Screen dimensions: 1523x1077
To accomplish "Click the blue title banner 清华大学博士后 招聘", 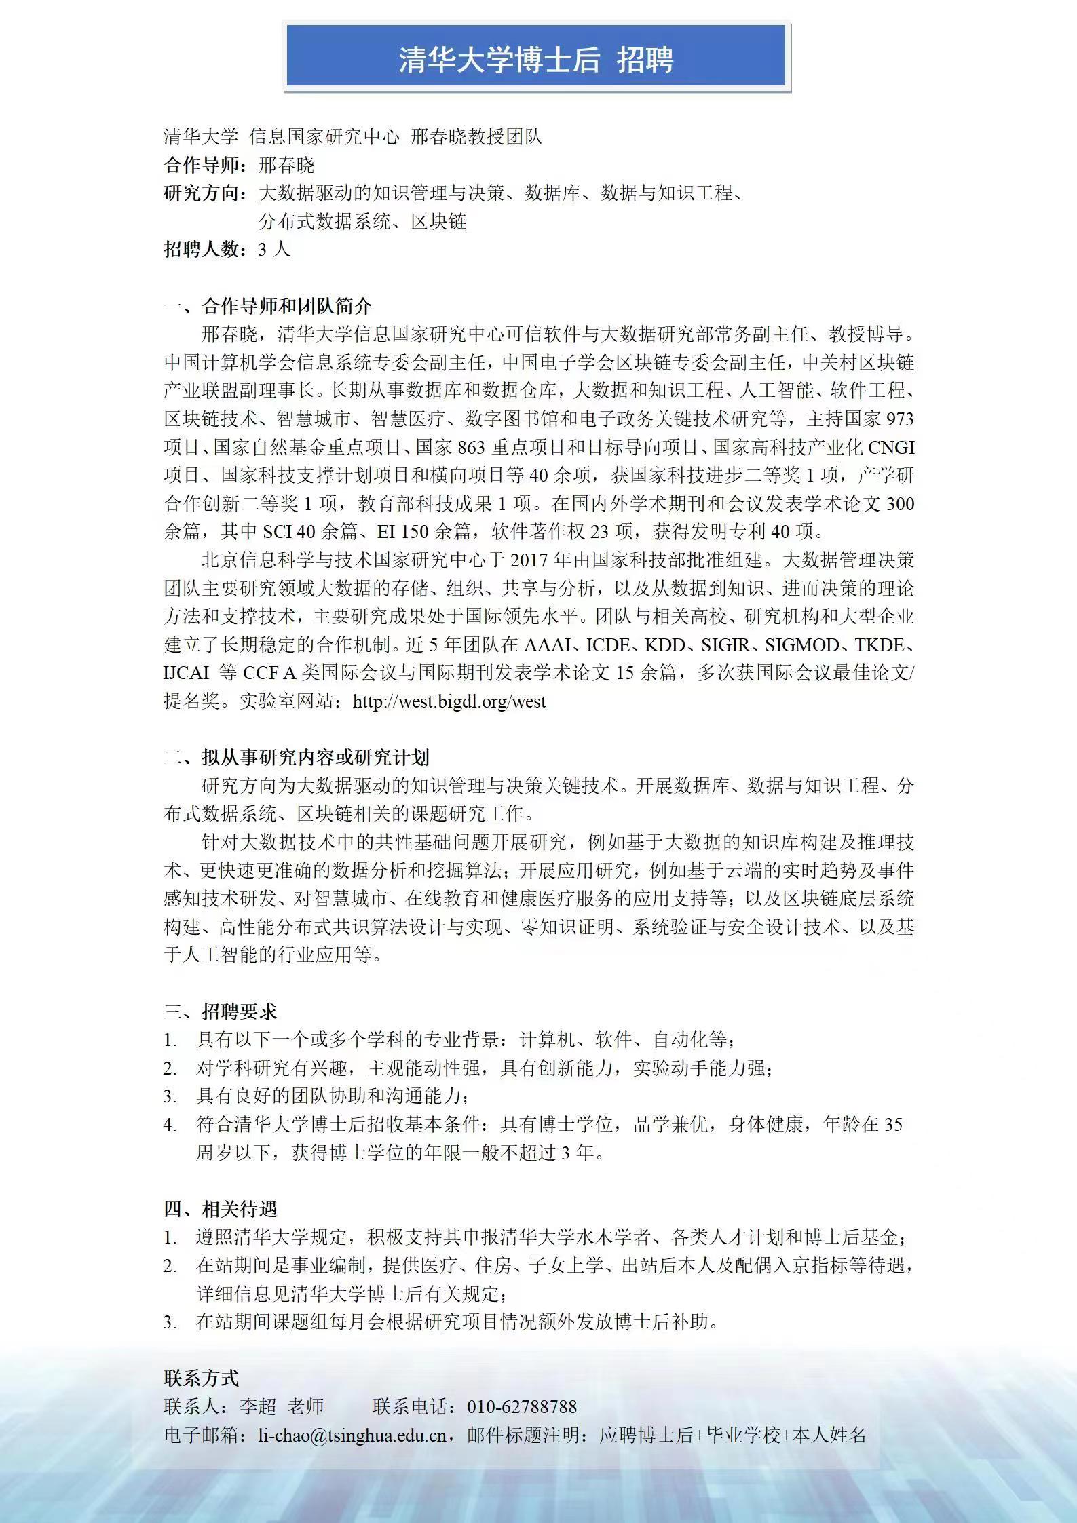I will tap(536, 59).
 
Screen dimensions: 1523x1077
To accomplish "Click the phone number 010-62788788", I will tap(521, 1406).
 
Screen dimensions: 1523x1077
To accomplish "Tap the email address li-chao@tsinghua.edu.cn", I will tap(352, 1435).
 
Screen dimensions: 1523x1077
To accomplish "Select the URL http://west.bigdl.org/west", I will tap(449, 701).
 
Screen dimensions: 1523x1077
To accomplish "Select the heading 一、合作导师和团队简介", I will tap(268, 306).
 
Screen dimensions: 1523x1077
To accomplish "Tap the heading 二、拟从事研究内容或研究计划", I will tap(297, 758).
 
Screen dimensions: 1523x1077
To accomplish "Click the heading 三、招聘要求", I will tap(221, 1012).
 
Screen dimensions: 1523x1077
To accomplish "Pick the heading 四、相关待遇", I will tap(221, 1209).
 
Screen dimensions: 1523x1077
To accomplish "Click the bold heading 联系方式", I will tap(202, 1378).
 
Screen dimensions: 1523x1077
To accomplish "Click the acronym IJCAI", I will tap(187, 673).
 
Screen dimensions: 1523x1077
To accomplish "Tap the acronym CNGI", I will tap(891, 448).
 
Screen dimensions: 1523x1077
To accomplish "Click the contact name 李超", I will tap(258, 1406).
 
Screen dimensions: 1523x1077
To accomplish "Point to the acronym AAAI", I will tap(547, 645).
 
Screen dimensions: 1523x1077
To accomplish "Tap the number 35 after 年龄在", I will tap(893, 1125).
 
